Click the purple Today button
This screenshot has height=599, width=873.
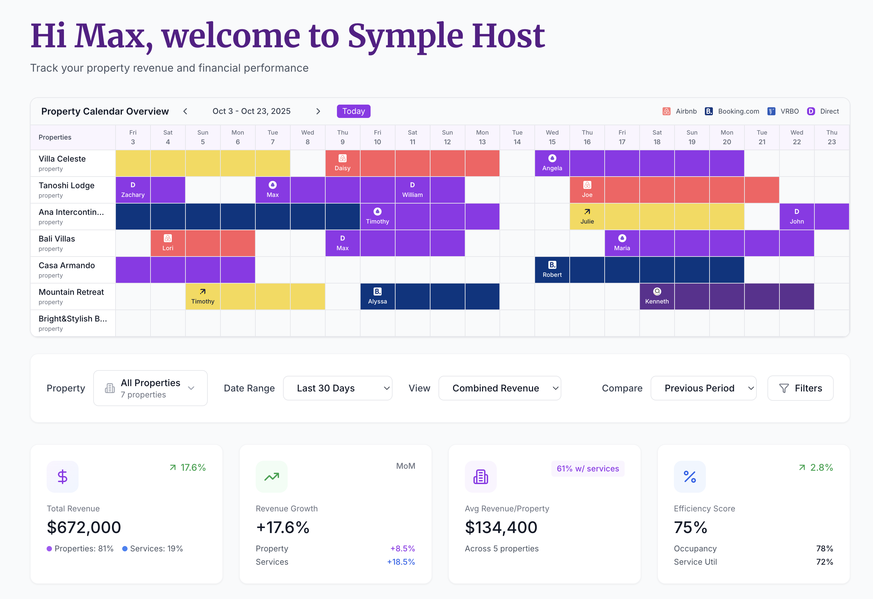point(353,111)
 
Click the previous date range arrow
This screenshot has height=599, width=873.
point(185,111)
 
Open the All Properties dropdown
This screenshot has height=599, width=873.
point(150,388)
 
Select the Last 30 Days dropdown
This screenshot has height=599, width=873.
point(337,388)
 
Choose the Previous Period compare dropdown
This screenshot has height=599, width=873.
point(703,388)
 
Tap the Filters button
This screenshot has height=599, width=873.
point(800,388)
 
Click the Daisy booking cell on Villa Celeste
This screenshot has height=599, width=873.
point(342,163)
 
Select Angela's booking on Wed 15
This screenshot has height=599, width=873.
point(552,163)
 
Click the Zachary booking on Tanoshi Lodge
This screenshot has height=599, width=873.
point(133,190)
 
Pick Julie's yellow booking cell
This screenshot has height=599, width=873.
point(587,217)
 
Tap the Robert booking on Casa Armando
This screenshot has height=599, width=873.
point(552,270)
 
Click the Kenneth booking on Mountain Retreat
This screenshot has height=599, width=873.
point(657,297)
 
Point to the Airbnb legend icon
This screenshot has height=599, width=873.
point(666,111)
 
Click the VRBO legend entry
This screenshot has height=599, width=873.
point(783,111)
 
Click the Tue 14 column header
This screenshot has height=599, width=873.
point(517,137)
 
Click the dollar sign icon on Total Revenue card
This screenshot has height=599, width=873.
point(63,476)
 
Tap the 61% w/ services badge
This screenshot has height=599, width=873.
point(588,469)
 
